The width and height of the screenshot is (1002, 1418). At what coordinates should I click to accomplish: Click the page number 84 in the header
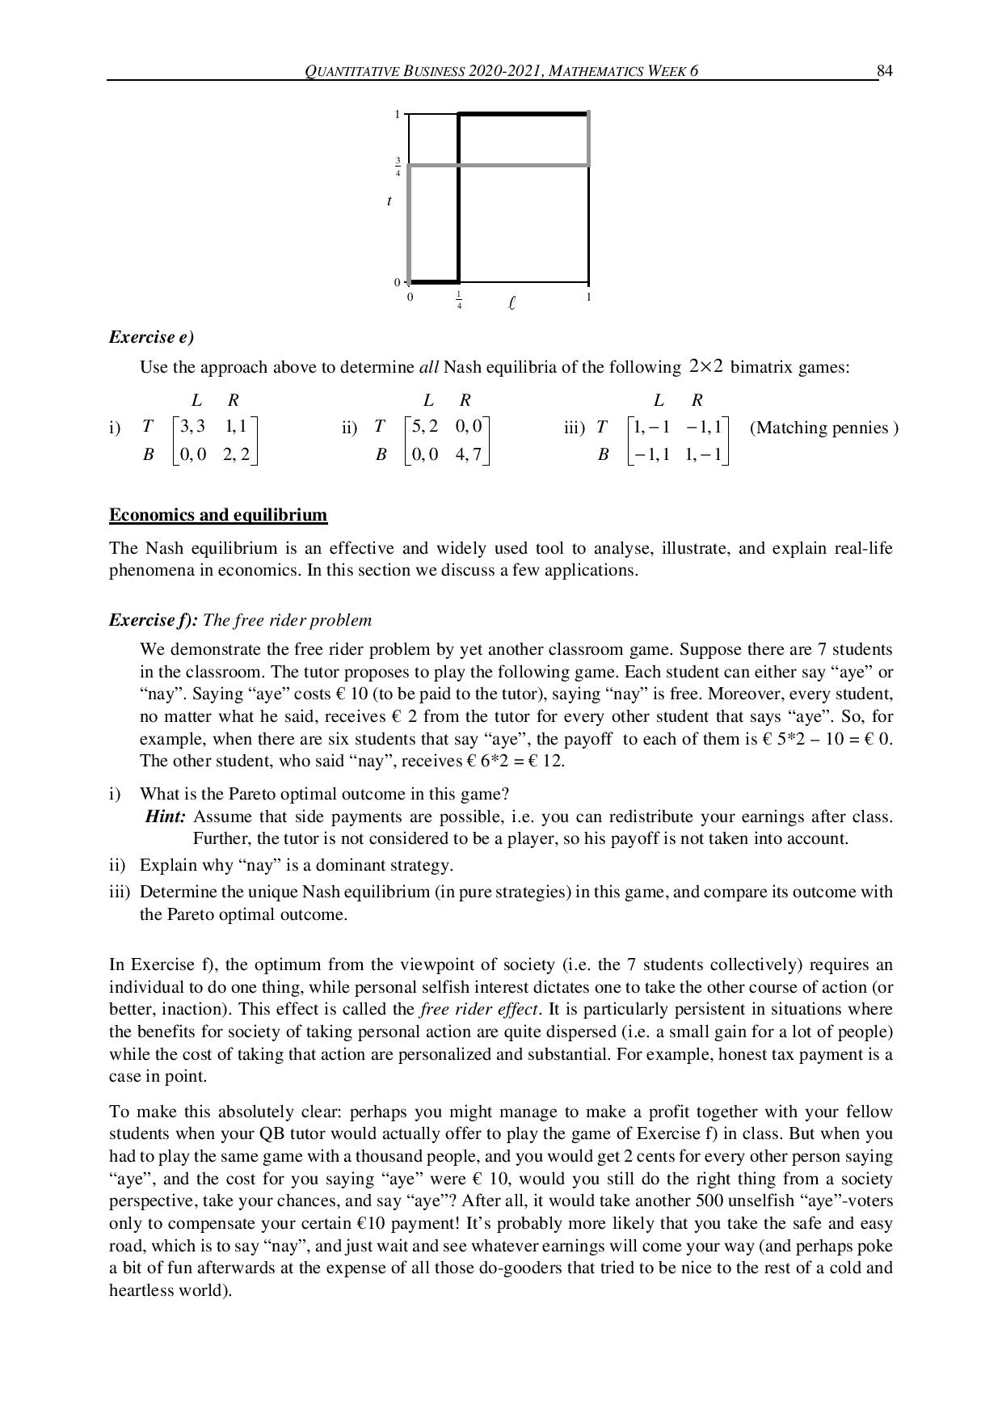(885, 71)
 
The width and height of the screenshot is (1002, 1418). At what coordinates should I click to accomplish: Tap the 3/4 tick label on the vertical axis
(398, 166)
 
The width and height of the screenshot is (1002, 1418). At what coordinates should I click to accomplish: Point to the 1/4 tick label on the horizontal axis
(459, 300)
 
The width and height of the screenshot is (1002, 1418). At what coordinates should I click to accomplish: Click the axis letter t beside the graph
(389, 200)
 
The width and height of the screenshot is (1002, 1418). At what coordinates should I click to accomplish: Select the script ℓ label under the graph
(512, 303)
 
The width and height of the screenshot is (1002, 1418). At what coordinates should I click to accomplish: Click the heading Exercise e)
(151, 337)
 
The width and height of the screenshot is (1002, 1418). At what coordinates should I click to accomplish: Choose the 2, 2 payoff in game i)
(237, 454)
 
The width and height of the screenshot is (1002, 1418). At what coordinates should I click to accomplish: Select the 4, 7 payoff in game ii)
(468, 454)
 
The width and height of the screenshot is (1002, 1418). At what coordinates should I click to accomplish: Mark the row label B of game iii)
(603, 454)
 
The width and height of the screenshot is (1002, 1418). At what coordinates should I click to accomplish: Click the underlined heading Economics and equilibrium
(218, 515)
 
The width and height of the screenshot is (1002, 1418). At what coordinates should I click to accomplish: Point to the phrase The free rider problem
(288, 620)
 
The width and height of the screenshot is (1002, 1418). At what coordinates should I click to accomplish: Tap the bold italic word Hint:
(166, 817)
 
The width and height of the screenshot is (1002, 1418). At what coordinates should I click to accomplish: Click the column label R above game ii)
(465, 399)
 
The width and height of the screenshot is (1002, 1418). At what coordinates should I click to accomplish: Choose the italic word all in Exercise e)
(428, 368)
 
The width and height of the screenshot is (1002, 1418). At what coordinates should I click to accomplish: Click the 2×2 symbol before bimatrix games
(705, 367)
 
